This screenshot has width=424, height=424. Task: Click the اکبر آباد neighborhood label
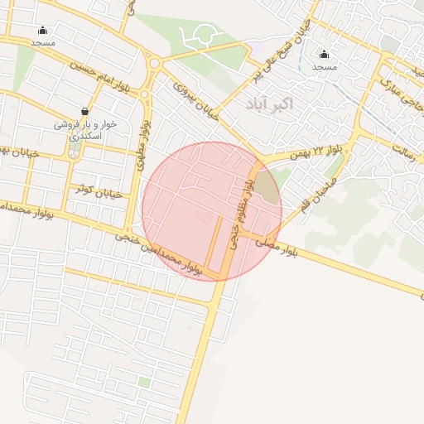tap(269, 104)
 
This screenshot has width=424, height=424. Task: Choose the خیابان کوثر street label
tap(97, 193)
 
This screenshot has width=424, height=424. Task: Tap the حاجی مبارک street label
tap(402, 91)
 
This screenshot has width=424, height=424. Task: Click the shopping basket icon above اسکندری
tap(84, 111)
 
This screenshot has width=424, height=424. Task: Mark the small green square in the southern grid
tap(145, 382)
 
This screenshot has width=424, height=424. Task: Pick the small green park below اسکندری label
tap(75, 150)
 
